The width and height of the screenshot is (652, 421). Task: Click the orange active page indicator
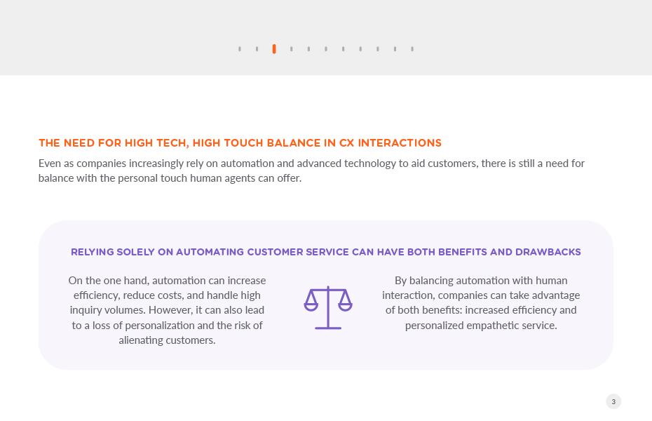pyautogui.click(x=274, y=49)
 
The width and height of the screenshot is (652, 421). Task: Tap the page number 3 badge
pyautogui.click(x=613, y=401)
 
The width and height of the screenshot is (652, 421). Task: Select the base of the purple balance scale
pyautogui.click(x=328, y=328)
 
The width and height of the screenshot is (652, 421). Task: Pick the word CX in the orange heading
pyautogui.click(x=347, y=143)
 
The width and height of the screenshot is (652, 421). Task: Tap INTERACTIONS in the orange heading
pyautogui.click(x=400, y=143)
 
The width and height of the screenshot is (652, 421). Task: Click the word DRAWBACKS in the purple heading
pyautogui.click(x=548, y=252)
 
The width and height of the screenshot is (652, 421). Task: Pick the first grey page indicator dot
pyautogui.click(x=240, y=49)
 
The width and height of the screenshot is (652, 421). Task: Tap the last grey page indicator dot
pyautogui.click(x=412, y=49)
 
